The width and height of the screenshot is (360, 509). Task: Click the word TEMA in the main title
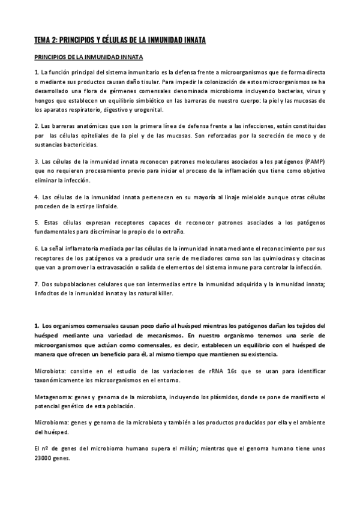[43, 40]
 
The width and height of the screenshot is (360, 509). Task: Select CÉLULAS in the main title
[121, 40]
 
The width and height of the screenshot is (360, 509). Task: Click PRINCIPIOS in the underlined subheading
[53, 58]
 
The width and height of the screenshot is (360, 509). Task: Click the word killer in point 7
[164, 294]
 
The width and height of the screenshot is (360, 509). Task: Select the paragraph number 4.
[37, 197]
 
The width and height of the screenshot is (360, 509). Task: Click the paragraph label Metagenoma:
[55, 397]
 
